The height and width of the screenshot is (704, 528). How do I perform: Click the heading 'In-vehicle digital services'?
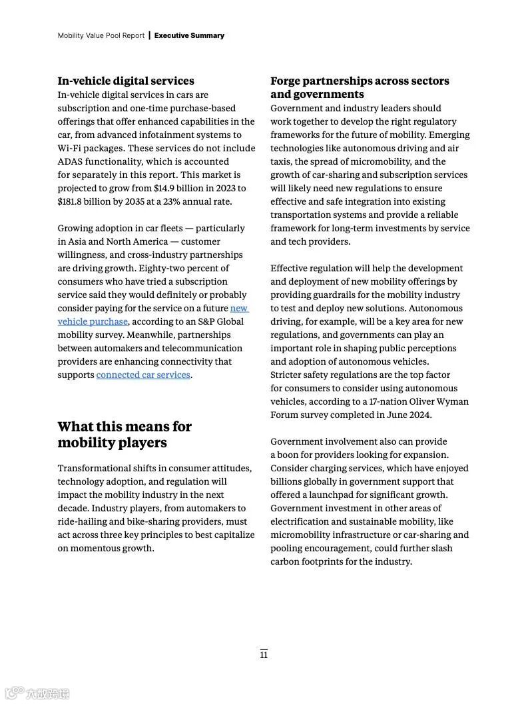pyautogui.click(x=126, y=81)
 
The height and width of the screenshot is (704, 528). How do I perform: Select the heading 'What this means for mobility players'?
pyautogui.click(x=125, y=435)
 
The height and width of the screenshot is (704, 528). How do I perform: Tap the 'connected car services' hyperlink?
pyautogui.click(x=143, y=375)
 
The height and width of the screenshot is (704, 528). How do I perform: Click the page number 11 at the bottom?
pyautogui.click(x=264, y=655)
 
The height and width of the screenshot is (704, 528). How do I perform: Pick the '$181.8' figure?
pyautogui.click(x=72, y=202)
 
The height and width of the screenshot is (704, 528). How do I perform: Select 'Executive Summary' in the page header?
pyautogui.click(x=189, y=35)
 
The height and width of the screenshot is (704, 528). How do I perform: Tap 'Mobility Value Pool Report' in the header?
pyautogui.click(x=101, y=35)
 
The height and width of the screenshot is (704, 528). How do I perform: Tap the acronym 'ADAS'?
pyautogui.click(x=70, y=162)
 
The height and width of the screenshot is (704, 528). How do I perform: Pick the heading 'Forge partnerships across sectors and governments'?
pyautogui.click(x=360, y=88)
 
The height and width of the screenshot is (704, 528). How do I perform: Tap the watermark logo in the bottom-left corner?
pyautogui.click(x=36, y=693)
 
